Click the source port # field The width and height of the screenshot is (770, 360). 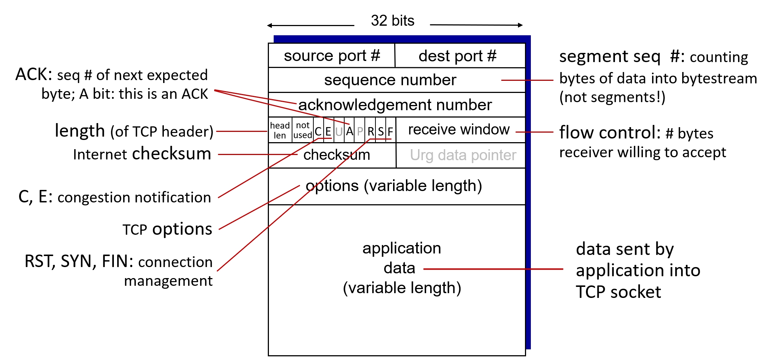pyautogui.click(x=332, y=56)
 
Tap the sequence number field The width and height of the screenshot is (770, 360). pyautogui.click(x=390, y=80)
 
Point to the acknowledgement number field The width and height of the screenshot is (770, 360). pyautogui.click(x=395, y=105)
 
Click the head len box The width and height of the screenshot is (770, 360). pyautogui.click(x=280, y=130)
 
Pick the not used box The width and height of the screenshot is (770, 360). pyautogui.click(x=303, y=130)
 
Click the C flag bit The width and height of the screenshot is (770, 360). pyautogui.click(x=318, y=131)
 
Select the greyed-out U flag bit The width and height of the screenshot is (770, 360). pyautogui.click(x=339, y=131)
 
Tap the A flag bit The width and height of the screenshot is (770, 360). pyautogui.click(x=349, y=131)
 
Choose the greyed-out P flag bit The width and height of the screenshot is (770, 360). pyautogui.click(x=360, y=131)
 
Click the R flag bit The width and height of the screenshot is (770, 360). pyautogui.click(x=371, y=131)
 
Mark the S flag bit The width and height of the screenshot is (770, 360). pyautogui.click(x=381, y=131)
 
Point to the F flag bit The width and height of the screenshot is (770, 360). pyautogui.click(x=391, y=131)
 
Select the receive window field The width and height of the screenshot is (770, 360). pyautogui.click(x=459, y=130)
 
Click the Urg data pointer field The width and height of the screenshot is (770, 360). pyautogui.click(x=463, y=155)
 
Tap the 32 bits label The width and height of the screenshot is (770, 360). pyautogui.click(x=392, y=21)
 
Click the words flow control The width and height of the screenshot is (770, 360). pyautogui.click(x=610, y=133)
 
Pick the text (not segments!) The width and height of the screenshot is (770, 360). pyautogui.click(x=612, y=97)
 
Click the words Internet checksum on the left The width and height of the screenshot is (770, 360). pyautogui.click(x=142, y=154)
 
